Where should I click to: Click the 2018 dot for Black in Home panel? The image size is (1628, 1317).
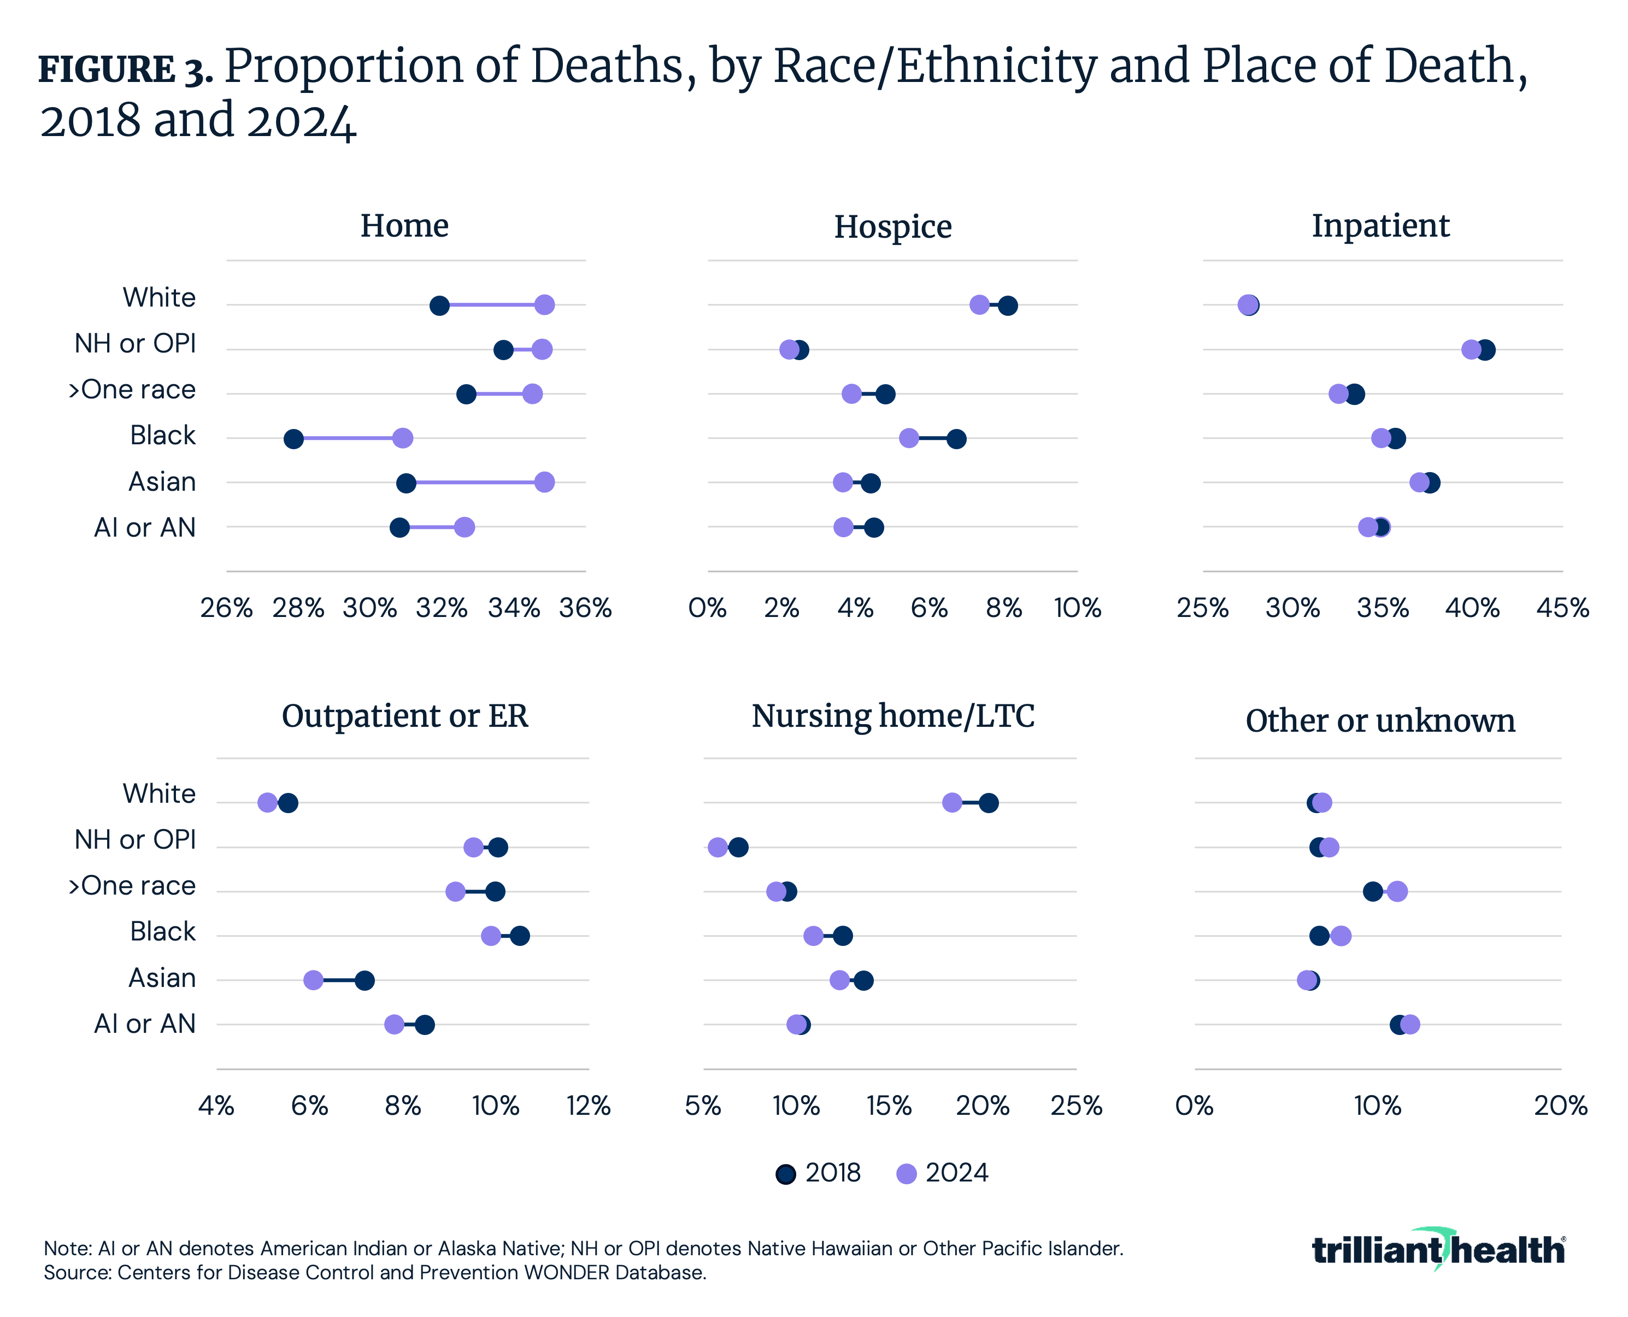293,438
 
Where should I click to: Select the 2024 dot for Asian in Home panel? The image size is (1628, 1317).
544,483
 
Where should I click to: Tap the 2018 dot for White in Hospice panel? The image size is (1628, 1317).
1007,305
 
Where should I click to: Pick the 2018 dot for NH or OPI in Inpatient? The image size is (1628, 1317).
1485,350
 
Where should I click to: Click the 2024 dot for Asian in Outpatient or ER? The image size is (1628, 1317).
313,980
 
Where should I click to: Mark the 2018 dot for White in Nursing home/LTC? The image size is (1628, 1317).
989,803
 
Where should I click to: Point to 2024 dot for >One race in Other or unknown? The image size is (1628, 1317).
1397,891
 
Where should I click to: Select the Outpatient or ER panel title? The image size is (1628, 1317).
404,716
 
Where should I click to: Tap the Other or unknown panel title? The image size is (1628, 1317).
1380,721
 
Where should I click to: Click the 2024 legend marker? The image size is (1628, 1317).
907,1174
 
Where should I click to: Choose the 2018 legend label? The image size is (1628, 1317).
833,1173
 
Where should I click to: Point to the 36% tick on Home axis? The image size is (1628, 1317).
585,608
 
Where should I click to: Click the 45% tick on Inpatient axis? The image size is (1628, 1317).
1562,608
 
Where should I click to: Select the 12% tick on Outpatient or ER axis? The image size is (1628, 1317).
589,1106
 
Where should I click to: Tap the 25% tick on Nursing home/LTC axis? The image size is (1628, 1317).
1075,1106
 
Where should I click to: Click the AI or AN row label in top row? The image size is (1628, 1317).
145,527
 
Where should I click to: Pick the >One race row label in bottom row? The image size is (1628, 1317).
132,885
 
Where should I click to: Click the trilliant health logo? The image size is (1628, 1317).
1438,1249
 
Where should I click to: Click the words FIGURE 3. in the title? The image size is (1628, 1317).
125,70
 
